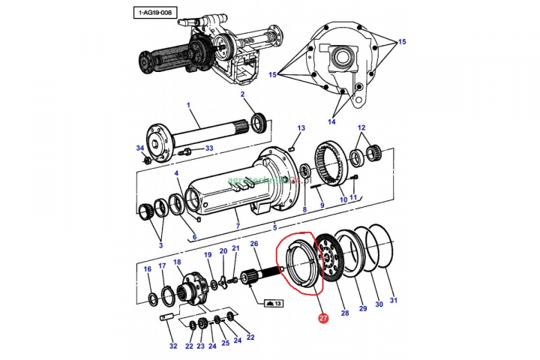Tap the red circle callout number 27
pos(323,318)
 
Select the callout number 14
pos(331,121)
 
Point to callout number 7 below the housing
pos(237,226)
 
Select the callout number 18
pos(178,262)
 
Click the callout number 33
pos(208,148)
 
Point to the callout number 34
pos(139,148)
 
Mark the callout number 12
pos(361,127)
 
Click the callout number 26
pos(253,244)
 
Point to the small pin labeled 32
pos(166,318)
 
